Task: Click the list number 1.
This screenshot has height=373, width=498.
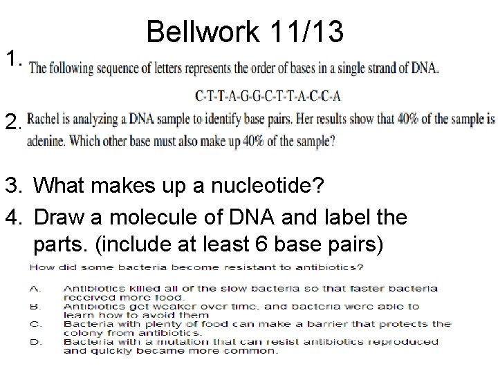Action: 15,61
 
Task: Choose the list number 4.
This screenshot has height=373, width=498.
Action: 15,218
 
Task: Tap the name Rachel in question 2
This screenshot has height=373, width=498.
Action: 47,118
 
